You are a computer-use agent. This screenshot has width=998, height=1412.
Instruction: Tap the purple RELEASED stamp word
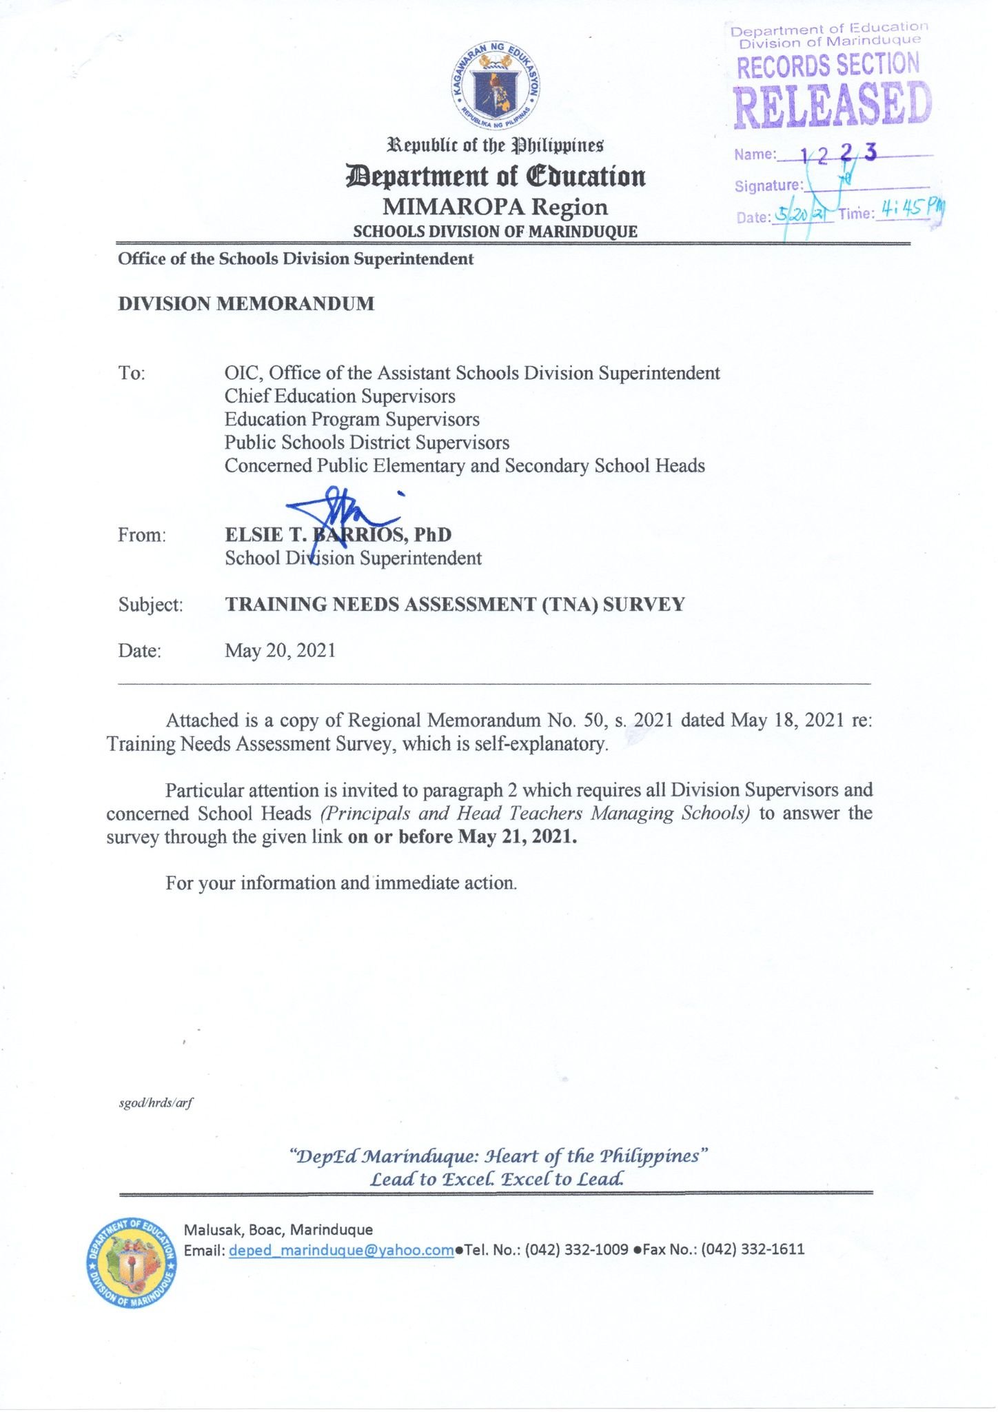point(832,105)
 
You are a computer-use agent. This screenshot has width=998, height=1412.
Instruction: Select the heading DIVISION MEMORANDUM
point(246,304)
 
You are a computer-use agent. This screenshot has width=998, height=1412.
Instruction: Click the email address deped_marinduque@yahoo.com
point(341,1249)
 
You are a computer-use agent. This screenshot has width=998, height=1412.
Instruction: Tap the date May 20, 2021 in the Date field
point(280,650)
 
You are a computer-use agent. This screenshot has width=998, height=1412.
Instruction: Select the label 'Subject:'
point(150,605)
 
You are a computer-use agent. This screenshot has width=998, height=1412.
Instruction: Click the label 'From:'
point(142,535)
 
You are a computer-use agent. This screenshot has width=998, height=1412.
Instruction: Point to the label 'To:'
point(132,373)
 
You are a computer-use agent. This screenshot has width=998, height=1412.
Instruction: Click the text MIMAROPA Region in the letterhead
point(495,207)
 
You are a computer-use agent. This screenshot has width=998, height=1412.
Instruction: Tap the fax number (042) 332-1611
point(753,1249)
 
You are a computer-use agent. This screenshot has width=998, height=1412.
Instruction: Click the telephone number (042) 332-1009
point(577,1249)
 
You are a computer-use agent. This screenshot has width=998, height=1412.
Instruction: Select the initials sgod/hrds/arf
point(156,1102)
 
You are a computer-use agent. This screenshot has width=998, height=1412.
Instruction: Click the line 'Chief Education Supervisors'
point(340,396)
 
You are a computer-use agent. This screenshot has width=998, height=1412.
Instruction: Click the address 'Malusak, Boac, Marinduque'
point(278,1229)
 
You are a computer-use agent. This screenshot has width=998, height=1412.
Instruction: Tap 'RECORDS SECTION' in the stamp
point(828,65)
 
